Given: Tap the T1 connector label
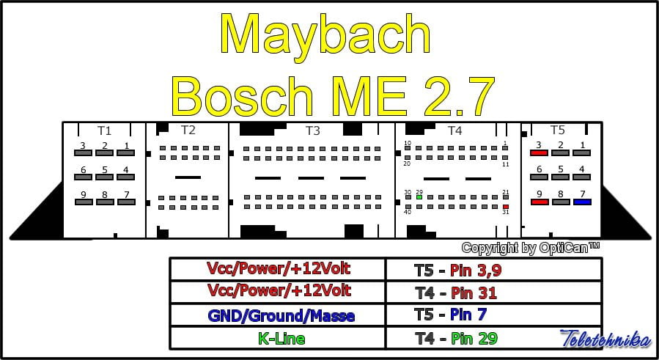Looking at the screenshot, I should click(x=104, y=131).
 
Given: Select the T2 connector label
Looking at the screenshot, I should click(x=188, y=131).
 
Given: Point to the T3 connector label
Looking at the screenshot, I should click(x=313, y=131).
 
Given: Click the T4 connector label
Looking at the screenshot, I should click(x=455, y=131).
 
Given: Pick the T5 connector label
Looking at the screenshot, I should click(x=558, y=131).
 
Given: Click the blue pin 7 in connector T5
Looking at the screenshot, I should click(x=582, y=202).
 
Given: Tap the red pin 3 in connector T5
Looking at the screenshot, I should click(x=539, y=153).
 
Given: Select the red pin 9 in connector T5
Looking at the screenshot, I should click(x=539, y=202).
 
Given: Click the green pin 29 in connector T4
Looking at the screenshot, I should click(x=419, y=197).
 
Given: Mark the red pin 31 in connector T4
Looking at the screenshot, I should click(x=505, y=207).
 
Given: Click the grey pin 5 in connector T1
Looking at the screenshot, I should click(x=105, y=177).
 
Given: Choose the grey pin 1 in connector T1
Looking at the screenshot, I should click(x=126, y=153).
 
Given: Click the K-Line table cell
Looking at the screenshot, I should click(x=278, y=339).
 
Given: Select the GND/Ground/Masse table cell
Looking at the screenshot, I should click(x=278, y=316).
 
